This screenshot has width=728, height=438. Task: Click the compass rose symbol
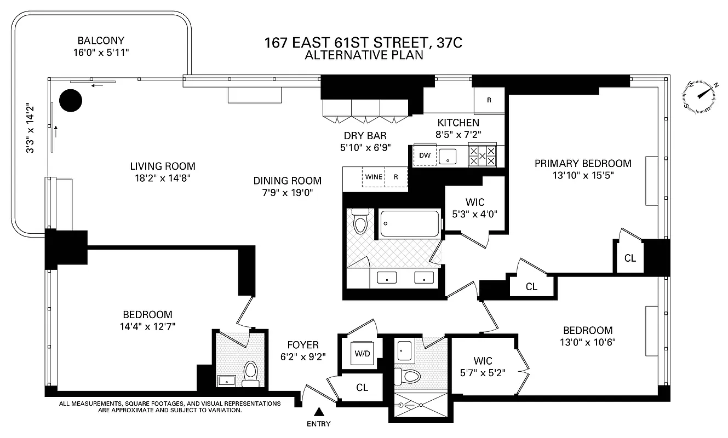coord(701,98)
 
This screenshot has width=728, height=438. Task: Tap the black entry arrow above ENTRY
coord(319,411)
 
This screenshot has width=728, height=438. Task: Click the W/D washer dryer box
coord(362,354)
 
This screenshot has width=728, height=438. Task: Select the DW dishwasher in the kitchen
coord(425,155)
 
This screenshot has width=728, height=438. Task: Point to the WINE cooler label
coord(374,177)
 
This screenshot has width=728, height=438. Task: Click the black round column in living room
coord(70,100)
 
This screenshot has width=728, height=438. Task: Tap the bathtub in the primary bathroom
coord(411,223)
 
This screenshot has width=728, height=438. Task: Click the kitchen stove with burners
coord(482,155)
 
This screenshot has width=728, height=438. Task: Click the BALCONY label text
coord(101,41)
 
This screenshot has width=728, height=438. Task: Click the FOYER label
coord(303,345)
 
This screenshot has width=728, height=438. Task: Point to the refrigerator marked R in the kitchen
coord(489,100)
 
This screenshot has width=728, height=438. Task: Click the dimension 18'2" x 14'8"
coord(163,178)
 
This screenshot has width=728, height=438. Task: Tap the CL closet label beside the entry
coord(362,388)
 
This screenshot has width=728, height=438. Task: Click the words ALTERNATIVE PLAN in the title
coord(364,55)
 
